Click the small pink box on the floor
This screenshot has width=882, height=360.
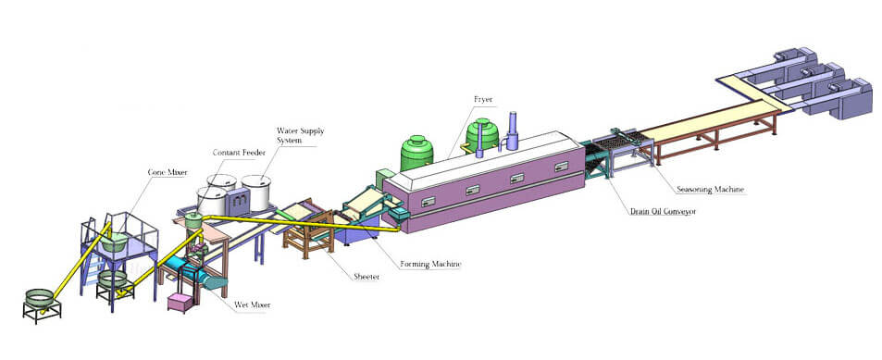point(180,303)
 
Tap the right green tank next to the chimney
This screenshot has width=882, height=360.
point(482,135)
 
